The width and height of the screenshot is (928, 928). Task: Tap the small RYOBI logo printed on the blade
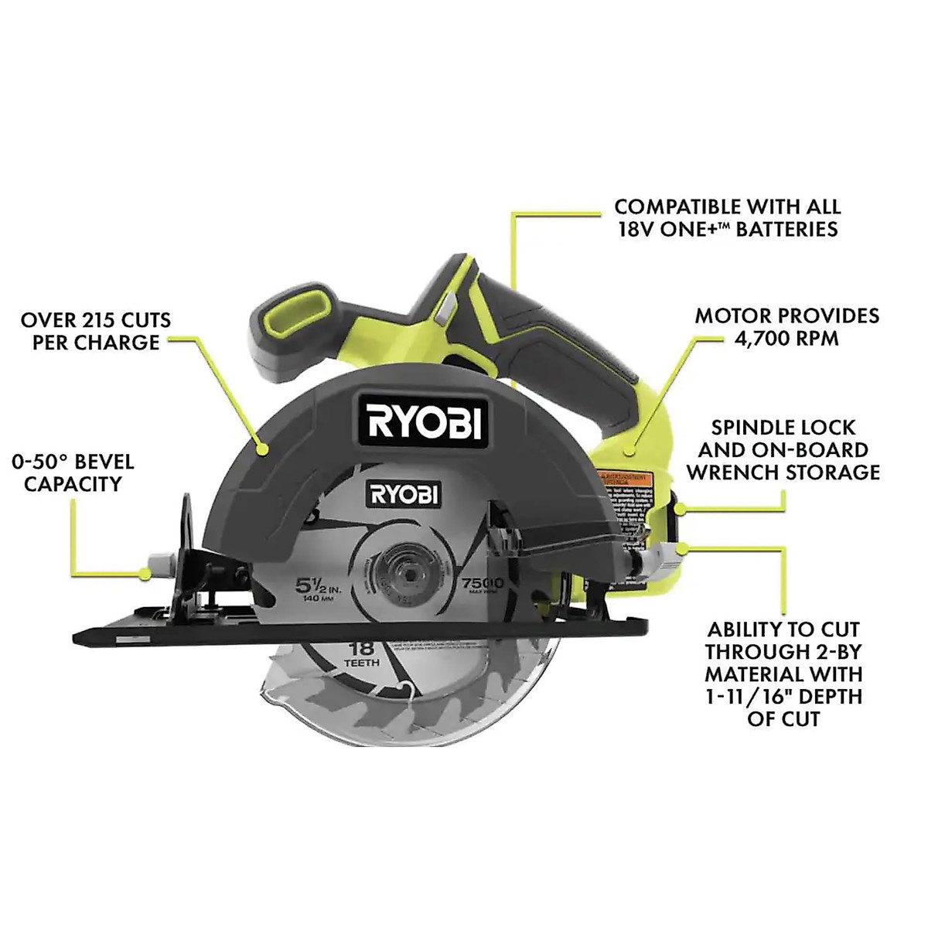(403, 494)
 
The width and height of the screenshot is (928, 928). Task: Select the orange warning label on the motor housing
(627, 475)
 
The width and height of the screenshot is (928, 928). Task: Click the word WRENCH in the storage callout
(734, 472)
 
